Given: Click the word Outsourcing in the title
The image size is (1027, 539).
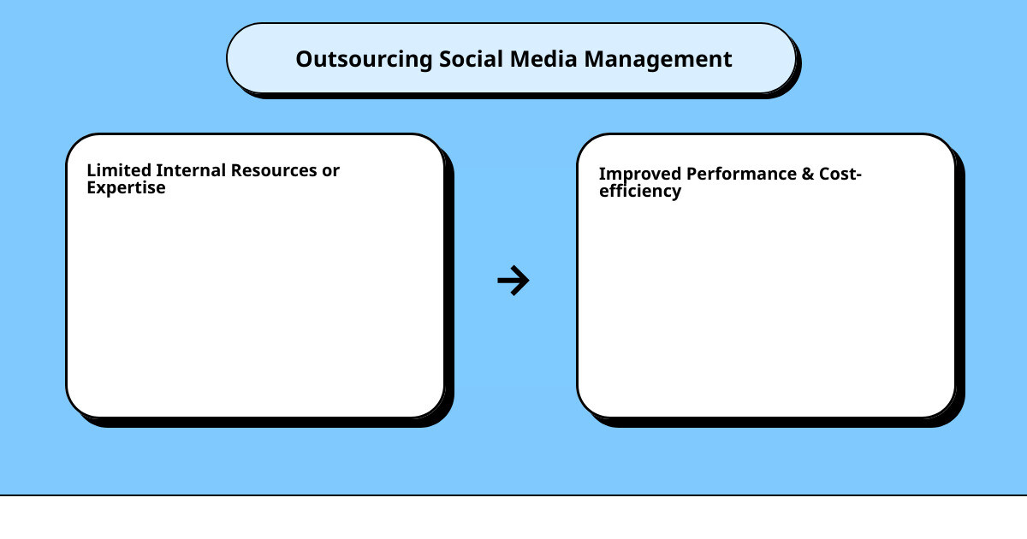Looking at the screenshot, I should (x=364, y=60).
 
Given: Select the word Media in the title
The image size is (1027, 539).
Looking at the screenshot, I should (x=544, y=59).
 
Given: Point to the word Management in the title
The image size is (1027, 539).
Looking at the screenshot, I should (x=658, y=60).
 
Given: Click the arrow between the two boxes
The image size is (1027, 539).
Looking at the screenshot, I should (x=513, y=281).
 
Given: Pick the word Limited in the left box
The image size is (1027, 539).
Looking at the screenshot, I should (x=119, y=170).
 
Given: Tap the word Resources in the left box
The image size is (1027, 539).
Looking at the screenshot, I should (x=271, y=170).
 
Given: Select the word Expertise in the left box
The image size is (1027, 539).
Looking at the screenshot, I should (x=126, y=188).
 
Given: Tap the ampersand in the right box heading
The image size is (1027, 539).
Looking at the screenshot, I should (x=807, y=174).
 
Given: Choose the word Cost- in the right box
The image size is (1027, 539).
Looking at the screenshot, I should (x=840, y=174).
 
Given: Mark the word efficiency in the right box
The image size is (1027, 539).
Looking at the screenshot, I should (x=640, y=192).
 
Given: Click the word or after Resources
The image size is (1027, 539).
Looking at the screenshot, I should (x=330, y=171).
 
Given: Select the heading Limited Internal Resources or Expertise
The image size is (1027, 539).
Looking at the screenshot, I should (x=213, y=179).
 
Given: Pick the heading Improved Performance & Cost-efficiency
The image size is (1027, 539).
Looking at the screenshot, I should (x=730, y=182).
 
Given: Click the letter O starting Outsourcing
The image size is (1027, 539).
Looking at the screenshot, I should (x=303, y=60).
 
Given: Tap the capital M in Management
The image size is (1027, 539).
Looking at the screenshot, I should (x=592, y=60).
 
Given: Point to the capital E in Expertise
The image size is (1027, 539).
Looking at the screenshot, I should (x=91, y=187).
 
